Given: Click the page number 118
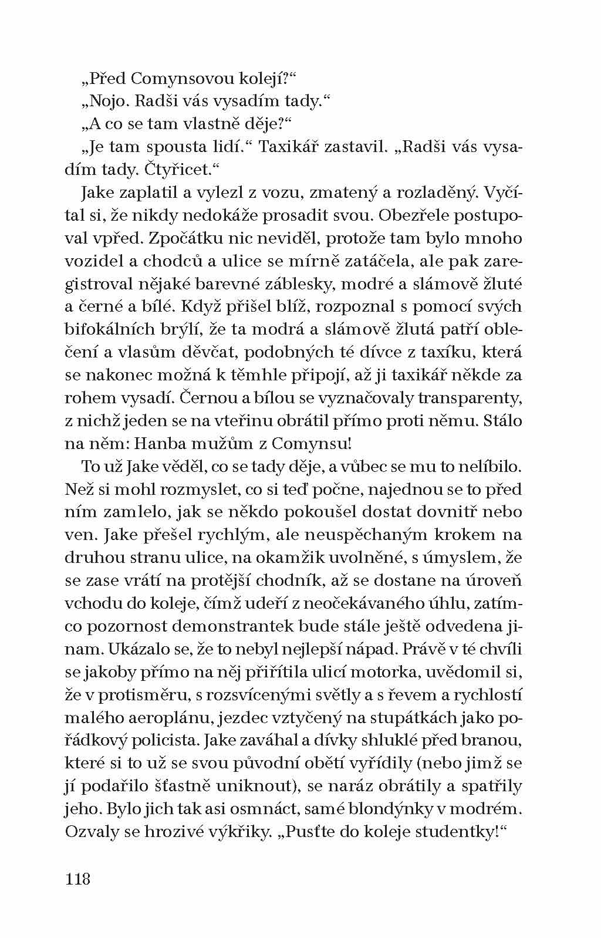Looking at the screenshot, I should click(x=78, y=879).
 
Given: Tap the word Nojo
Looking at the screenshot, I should click(x=108, y=101).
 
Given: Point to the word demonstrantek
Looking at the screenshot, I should click(x=229, y=626).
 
